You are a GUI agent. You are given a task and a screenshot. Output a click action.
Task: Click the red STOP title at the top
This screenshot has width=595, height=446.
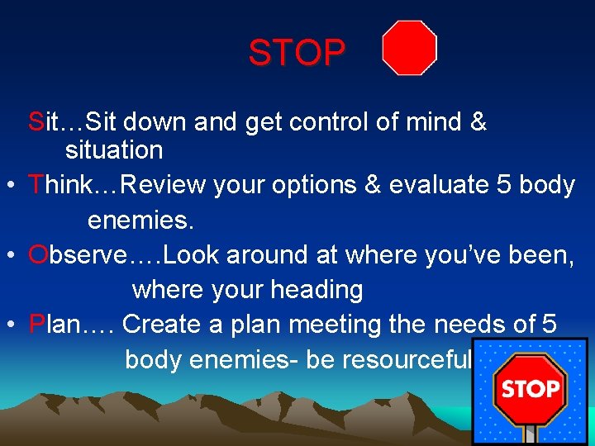tap(297, 54)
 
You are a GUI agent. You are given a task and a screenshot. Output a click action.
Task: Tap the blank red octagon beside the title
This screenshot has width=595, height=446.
tap(409, 49)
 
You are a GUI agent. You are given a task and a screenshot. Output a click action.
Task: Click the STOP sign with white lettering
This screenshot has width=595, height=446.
tap(530, 388)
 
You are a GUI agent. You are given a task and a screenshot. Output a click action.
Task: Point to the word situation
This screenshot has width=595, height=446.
tap(114, 150)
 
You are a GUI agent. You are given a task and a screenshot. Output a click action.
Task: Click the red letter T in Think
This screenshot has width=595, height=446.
tap(36, 185)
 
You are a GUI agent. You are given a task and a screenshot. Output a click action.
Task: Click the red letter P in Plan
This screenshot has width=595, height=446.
tap(36, 325)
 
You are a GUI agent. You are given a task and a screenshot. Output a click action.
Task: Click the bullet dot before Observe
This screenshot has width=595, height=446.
tap(10, 257)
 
